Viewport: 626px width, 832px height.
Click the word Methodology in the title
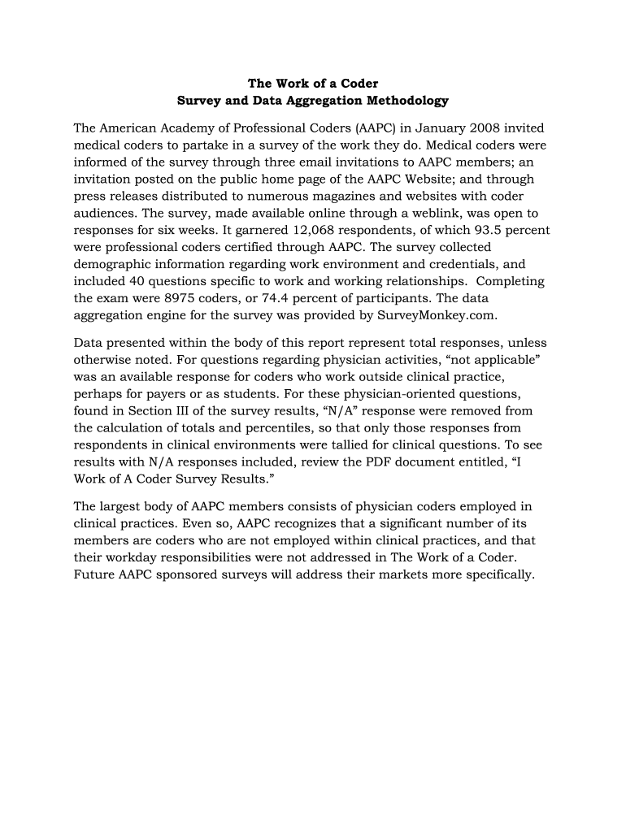pyautogui.click(x=406, y=101)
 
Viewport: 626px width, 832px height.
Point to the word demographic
pyautogui.click(x=112, y=264)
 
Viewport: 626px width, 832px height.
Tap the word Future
pyautogui.click(x=94, y=574)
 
